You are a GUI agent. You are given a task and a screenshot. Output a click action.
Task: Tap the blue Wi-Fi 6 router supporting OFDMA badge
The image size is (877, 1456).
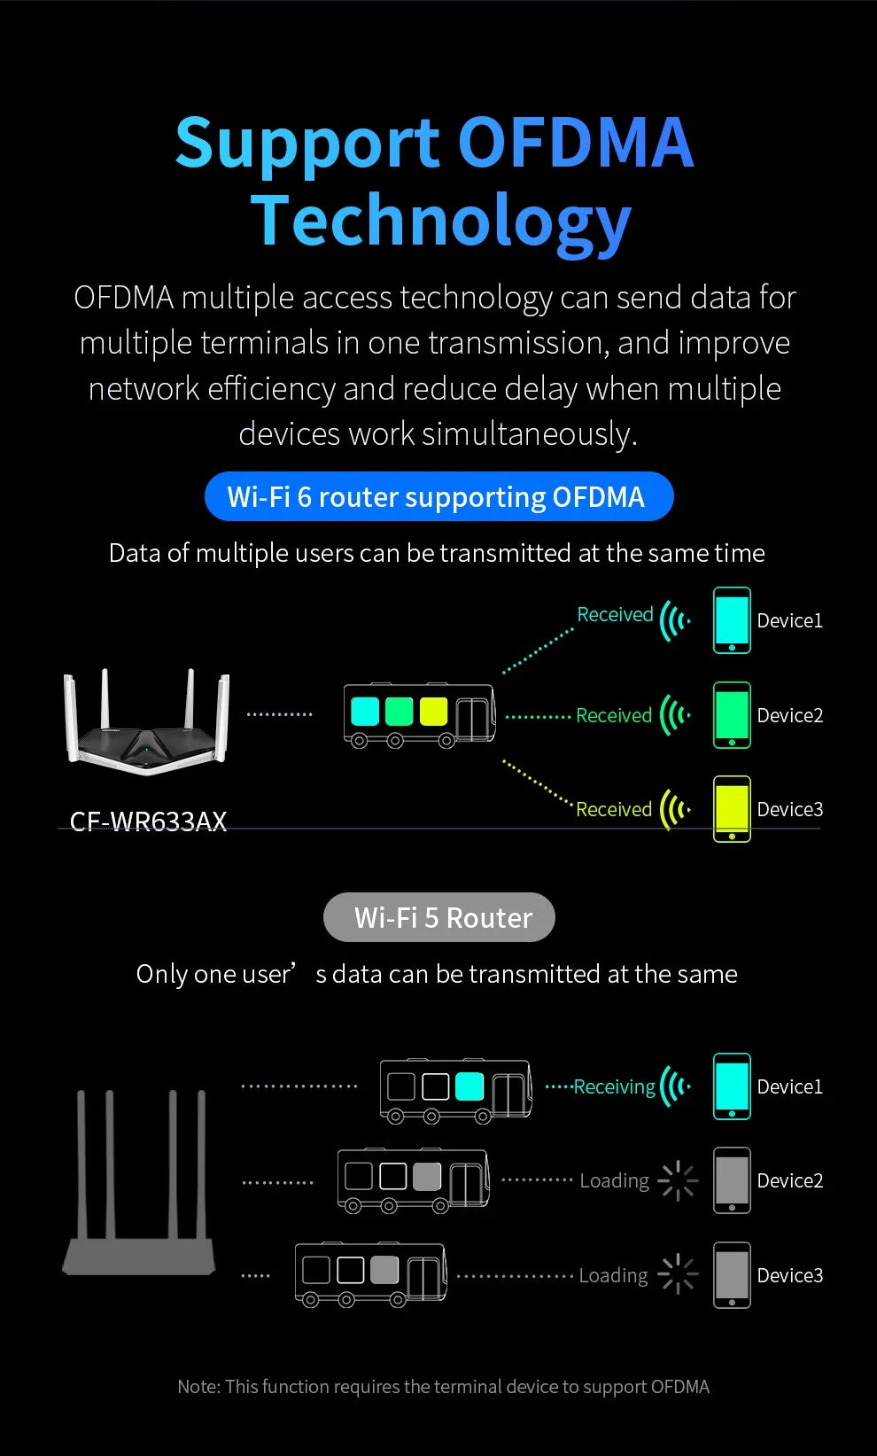438,497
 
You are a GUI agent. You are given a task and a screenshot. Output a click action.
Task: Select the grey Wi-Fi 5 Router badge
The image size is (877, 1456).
439,917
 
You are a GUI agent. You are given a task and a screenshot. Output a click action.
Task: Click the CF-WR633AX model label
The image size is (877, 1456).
148,822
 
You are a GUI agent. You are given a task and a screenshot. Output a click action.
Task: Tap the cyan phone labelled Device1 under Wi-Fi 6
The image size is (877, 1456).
732,620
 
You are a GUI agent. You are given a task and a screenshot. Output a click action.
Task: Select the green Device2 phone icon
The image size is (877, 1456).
732,715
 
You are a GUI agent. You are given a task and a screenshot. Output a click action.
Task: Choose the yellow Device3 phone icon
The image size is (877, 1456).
732,809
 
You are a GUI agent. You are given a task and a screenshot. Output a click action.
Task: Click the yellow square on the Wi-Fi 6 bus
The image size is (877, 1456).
433,711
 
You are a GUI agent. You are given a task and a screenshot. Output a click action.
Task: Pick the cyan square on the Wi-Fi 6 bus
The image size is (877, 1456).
365,711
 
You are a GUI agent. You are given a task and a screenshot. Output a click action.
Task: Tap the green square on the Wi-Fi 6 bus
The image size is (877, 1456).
400,711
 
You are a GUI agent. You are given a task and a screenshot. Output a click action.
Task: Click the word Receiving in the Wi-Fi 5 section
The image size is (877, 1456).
614,1086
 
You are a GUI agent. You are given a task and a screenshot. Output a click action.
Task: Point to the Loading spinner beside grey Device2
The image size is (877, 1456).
678,1180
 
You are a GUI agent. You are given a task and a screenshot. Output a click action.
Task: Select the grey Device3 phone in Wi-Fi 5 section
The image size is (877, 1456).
732,1275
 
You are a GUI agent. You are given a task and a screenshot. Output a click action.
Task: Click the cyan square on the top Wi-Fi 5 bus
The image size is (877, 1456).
469,1086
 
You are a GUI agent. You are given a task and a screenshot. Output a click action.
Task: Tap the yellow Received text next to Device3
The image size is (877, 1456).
614,809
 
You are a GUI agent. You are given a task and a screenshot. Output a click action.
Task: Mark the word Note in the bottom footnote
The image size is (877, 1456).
198,1387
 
